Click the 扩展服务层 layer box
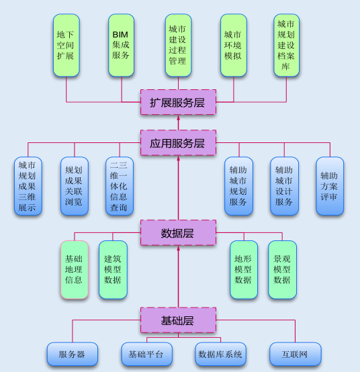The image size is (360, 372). (178, 102)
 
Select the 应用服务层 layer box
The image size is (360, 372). (178, 143)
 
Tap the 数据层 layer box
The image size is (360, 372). (178, 233)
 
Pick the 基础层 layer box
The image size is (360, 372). (178, 320)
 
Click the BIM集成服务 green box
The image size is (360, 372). (122, 45)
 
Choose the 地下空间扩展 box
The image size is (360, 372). (66, 45)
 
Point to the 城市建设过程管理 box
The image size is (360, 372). (178, 45)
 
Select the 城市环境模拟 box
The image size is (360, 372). (234, 45)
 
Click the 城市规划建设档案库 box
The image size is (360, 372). (286, 45)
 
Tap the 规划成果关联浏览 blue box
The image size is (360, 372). (75, 186)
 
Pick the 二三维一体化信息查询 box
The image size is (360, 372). (120, 186)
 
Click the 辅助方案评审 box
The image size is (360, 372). (330, 186)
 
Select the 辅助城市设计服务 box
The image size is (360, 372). (284, 186)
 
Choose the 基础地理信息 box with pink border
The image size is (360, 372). (75, 270)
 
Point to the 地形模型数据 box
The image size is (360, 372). (244, 270)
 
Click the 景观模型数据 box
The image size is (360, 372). (282, 270)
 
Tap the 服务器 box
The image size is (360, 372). (73, 355)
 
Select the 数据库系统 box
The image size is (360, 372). (220, 355)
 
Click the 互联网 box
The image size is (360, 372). (296, 355)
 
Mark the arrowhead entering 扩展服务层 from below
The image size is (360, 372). (178, 118)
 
